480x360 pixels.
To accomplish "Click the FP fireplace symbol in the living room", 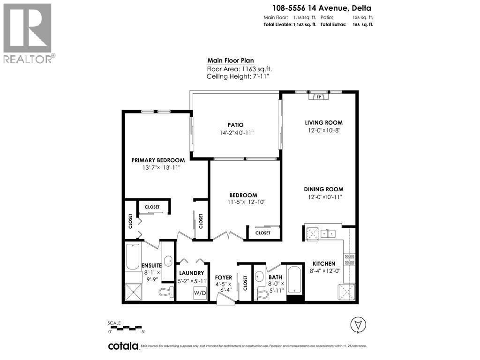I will click(x=319, y=97).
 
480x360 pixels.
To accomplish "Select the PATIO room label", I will click(x=235, y=125).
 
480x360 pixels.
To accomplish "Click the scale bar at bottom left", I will click(x=124, y=328).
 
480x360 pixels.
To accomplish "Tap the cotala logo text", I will click(x=123, y=346).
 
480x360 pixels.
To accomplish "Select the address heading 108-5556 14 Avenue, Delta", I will click(x=318, y=7).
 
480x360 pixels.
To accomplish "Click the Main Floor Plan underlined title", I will click(x=231, y=60).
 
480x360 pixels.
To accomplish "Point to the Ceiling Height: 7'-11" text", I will click(x=238, y=76).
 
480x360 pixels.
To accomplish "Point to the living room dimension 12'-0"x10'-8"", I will click(x=323, y=130).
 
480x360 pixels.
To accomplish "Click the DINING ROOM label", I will click(x=323, y=189).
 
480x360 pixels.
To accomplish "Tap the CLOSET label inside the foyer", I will click(x=245, y=282).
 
